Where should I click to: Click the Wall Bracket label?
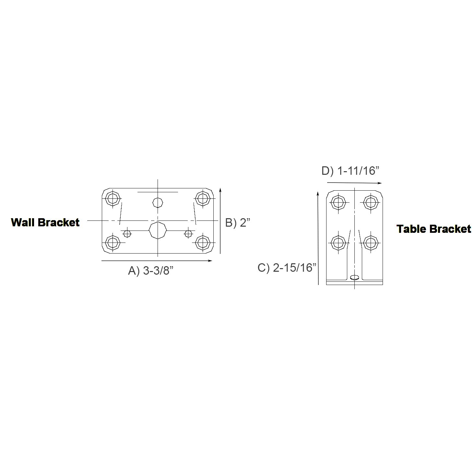pos(45,222)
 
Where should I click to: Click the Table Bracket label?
pos(433,229)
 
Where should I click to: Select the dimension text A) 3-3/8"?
pos(151,270)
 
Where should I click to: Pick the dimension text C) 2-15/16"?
pos(287,268)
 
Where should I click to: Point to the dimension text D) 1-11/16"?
pos(350,171)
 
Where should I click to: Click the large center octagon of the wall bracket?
pos(158,231)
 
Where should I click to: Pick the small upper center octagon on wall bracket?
pos(158,202)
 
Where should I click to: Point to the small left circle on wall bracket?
pos(127,233)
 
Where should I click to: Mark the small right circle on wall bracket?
pos(188,233)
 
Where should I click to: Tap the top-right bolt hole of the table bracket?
pos(370,203)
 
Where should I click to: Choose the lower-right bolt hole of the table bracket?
pos(370,242)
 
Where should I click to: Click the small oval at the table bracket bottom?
pos(355,277)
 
